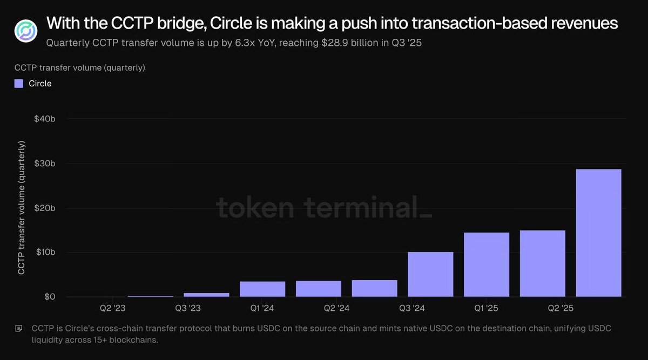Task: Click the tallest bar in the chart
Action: (598, 233)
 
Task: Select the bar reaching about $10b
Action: (430, 274)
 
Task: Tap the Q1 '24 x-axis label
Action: (262, 309)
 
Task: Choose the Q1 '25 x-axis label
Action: (486, 309)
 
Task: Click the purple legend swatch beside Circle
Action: (19, 84)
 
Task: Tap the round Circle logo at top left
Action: (25, 31)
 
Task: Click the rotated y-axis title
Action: (22, 208)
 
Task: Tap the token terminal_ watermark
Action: (324, 208)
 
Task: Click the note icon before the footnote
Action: (19, 328)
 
